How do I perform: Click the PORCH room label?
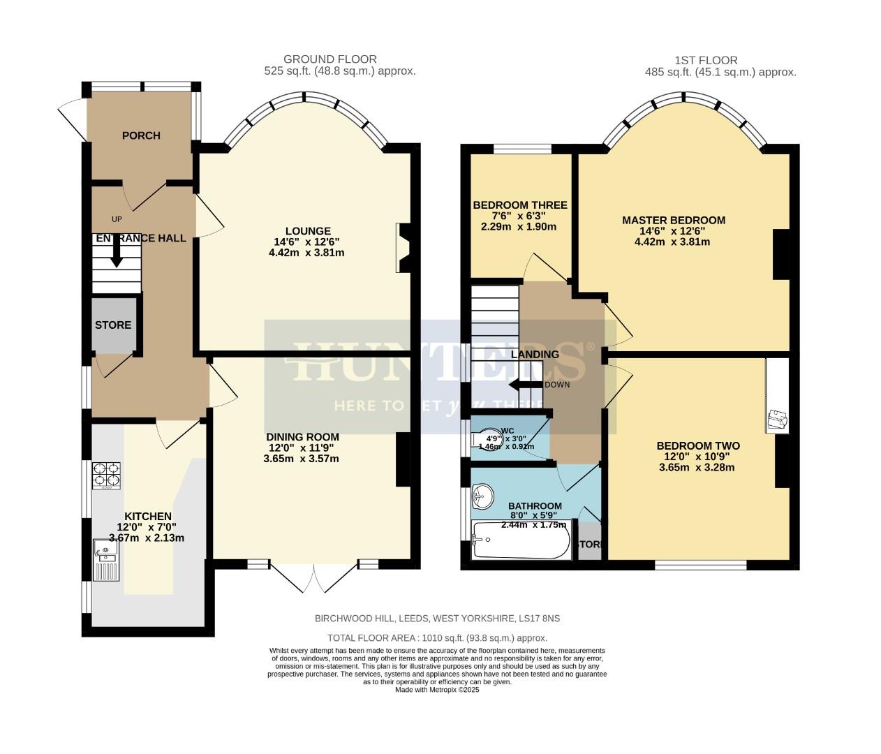tap(141, 135)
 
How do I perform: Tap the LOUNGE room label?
tap(307, 231)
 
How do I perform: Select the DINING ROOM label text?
tap(302, 437)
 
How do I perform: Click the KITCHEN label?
tap(148, 516)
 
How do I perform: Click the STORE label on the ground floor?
tap(113, 325)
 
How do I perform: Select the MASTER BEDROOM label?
tap(673, 221)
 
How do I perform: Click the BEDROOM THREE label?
tap(519, 205)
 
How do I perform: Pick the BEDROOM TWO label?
tap(697, 446)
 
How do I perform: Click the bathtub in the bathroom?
tap(521, 540)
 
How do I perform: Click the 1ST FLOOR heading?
tap(706, 60)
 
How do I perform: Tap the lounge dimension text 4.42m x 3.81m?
tap(307, 253)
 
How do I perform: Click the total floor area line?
tap(437, 637)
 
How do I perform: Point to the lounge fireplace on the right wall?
tap(404, 248)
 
